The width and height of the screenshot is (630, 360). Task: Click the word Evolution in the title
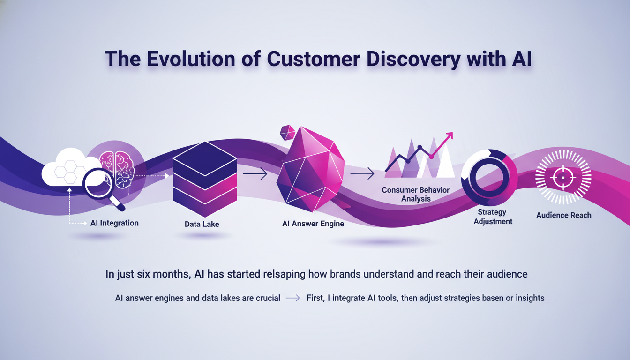(191, 59)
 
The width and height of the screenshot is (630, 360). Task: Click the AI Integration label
(114, 223)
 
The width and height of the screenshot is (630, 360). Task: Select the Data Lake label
(202, 224)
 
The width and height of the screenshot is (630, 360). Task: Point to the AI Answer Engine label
(313, 224)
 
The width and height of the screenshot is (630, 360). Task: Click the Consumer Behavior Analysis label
(416, 194)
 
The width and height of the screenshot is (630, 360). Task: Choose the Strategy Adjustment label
(493, 217)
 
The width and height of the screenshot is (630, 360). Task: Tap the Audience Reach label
(563, 215)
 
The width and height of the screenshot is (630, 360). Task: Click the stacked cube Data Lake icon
(205, 179)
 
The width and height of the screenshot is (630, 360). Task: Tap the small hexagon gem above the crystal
(288, 133)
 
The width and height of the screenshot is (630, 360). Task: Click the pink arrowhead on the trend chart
(449, 135)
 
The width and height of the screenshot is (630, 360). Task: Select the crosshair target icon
(563, 178)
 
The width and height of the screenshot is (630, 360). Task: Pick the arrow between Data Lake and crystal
(255, 174)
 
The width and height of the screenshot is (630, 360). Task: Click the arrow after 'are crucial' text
(293, 298)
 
